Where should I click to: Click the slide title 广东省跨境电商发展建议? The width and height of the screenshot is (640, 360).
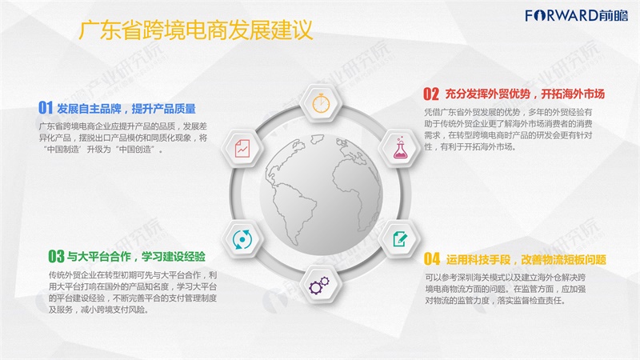pos(195,30)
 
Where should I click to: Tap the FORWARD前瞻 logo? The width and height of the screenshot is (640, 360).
pos(576,15)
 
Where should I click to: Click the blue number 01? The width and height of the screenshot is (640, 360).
pos(46,108)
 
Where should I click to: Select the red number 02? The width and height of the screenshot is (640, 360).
pos(430,94)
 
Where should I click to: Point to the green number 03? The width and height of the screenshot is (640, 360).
pos(56,256)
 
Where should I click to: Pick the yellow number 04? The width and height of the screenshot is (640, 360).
pos(432,258)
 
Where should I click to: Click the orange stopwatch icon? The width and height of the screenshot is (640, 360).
pos(322,103)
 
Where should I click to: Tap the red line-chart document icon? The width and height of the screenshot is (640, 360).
pos(242,148)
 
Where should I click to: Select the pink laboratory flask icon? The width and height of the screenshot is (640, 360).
pos(400,148)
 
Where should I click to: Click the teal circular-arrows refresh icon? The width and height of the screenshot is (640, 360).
pos(242,239)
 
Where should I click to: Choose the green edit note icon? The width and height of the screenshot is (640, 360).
pos(400,238)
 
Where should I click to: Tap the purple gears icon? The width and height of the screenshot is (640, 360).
pos(318,285)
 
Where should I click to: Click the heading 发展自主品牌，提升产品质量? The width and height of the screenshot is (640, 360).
pos(126,109)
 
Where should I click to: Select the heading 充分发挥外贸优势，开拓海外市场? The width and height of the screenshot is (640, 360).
pos(525,94)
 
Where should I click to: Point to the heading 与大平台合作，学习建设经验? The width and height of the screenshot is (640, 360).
pos(136,256)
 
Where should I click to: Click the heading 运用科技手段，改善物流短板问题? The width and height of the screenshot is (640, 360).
pos(526,259)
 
